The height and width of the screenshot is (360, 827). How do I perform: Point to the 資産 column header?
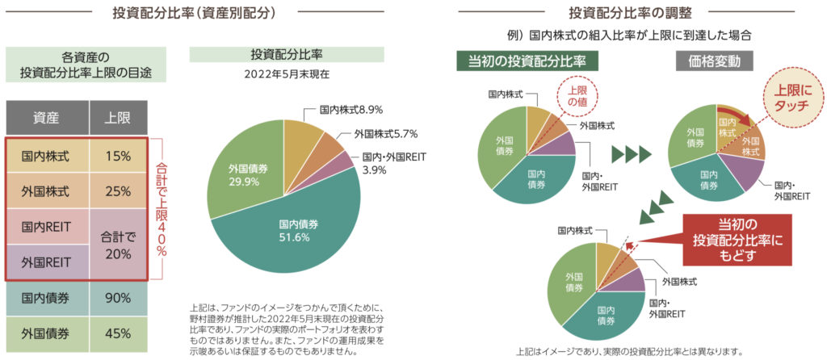click(47, 118)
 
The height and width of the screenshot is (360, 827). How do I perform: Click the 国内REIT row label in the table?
click(47, 227)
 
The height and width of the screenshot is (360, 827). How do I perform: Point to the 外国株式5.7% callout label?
click(374, 135)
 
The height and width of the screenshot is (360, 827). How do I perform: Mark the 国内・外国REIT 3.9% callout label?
click(389, 164)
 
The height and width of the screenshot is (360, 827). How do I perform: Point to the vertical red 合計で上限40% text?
click(160, 208)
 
